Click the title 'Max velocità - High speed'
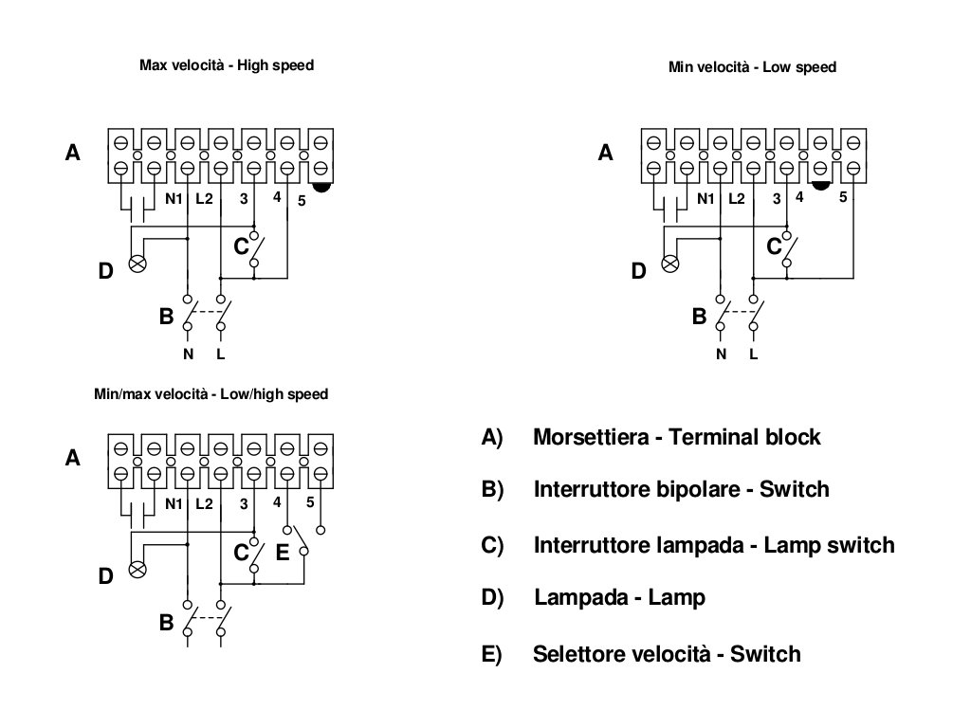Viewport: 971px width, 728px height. (x=226, y=66)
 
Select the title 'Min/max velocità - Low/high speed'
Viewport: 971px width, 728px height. (x=211, y=394)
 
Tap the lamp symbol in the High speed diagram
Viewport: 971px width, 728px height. (x=137, y=263)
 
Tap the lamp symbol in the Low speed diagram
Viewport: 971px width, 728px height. (x=670, y=264)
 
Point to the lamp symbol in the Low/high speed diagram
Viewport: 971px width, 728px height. (x=137, y=570)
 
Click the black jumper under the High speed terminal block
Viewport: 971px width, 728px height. (x=321, y=188)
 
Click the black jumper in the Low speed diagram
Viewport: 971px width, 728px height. (x=821, y=186)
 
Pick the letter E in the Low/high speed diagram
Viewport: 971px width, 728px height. (x=282, y=553)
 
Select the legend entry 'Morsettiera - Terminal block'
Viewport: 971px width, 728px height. (x=676, y=438)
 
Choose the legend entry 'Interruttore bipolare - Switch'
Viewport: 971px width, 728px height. (x=681, y=490)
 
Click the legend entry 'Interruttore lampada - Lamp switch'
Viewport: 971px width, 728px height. (x=713, y=546)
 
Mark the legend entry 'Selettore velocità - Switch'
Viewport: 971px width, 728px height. (x=667, y=654)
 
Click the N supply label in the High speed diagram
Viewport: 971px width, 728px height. (x=187, y=355)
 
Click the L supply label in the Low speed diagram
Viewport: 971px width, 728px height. (x=754, y=355)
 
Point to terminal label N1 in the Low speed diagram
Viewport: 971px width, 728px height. (x=705, y=199)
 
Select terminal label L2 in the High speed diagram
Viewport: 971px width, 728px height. (x=205, y=199)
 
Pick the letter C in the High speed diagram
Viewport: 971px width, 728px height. (x=241, y=246)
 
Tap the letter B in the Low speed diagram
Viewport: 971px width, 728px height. (x=700, y=317)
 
